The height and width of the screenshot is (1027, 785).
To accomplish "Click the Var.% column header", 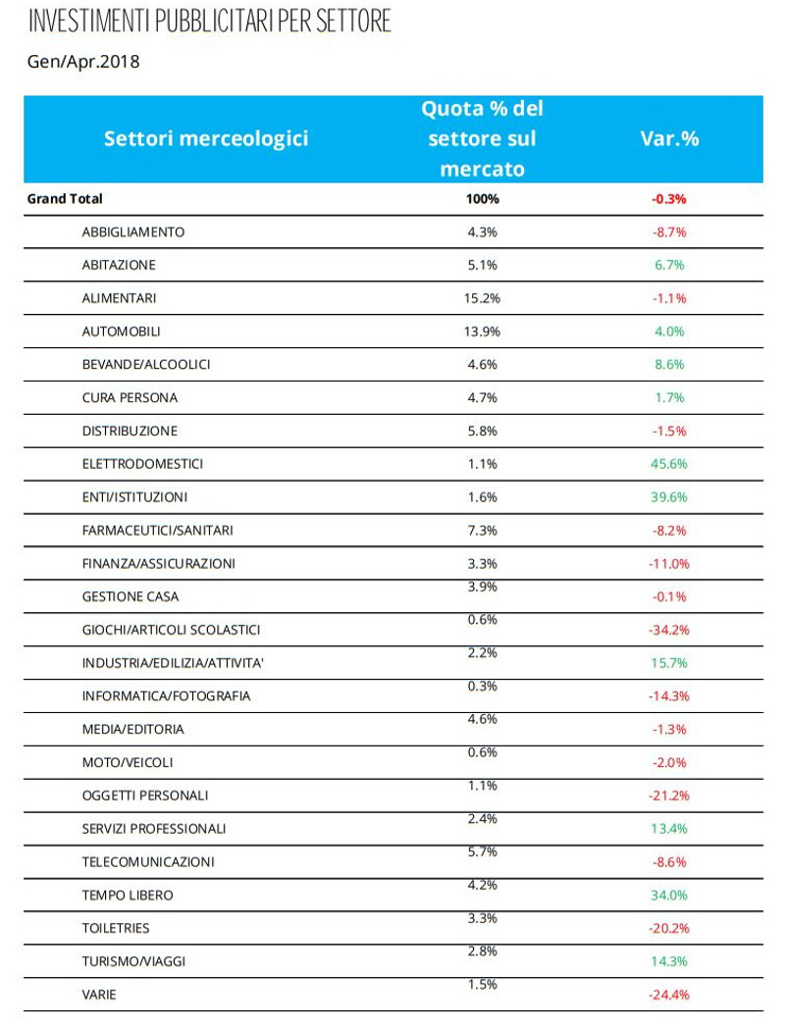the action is click(x=669, y=139).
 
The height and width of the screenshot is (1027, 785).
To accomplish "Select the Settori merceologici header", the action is click(x=206, y=139).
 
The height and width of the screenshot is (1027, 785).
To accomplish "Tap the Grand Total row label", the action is click(x=65, y=199).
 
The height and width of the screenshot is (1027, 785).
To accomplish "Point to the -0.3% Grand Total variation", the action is click(x=669, y=199).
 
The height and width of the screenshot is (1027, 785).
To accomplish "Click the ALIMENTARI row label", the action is click(x=120, y=298).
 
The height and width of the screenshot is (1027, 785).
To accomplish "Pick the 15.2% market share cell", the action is click(x=482, y=298).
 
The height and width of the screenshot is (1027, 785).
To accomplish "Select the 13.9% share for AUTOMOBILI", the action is click(x=482, y=332).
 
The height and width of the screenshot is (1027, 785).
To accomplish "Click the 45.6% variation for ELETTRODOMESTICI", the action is click(x=669, y=464).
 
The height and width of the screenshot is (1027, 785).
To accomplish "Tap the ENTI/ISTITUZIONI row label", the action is click(x=135, y=497).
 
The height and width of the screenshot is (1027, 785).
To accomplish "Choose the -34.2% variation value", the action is click(x=669, y=630).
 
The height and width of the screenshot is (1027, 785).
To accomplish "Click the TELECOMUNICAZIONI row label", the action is click(x=148, y=862).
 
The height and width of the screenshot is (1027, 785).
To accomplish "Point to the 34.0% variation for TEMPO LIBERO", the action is click(x=669, y=896).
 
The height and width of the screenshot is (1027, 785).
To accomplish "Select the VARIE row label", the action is click(x=99, y=995).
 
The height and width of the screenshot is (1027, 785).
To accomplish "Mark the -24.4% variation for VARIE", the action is click(x=669, y=995).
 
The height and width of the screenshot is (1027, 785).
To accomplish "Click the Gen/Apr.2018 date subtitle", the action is click(x=83, y=62).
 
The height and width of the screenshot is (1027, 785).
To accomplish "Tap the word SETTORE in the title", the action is click(x=353, y=21).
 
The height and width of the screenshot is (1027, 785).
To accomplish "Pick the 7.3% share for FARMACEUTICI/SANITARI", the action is click(x=482, y=531).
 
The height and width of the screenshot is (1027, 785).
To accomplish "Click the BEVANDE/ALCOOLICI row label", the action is click(x=146, y=365).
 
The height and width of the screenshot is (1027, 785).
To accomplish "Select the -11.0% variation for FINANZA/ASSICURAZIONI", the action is click(x=669, y=564).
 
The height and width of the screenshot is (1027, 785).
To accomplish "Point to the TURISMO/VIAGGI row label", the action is click(x=133, y=961).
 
